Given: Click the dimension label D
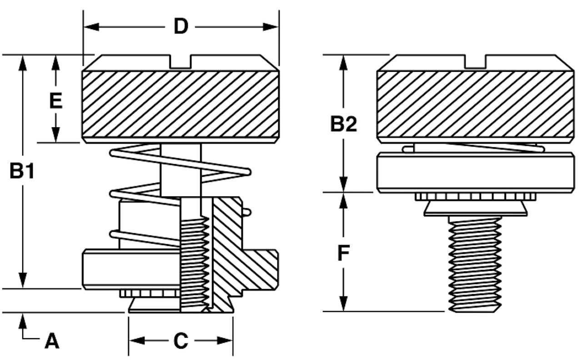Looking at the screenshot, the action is pyautogui.click(x=181, y=26).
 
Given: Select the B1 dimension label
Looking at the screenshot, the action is pyautogui.click(x=22, y=170).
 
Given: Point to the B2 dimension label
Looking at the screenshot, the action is pyautogui.click(x=343, y=124).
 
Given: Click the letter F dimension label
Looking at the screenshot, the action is pyautogui.click(x=343, y=253).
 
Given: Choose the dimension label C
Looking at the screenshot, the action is pyautogui.click(x=181, y=340).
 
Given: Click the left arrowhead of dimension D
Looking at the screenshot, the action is pyautogui.click(x=91, y=27).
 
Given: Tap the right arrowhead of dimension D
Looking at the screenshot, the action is pyautogui.click(x=271, y=27).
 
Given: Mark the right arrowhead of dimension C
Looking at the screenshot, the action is pyautogui.click(x=225, y=340).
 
